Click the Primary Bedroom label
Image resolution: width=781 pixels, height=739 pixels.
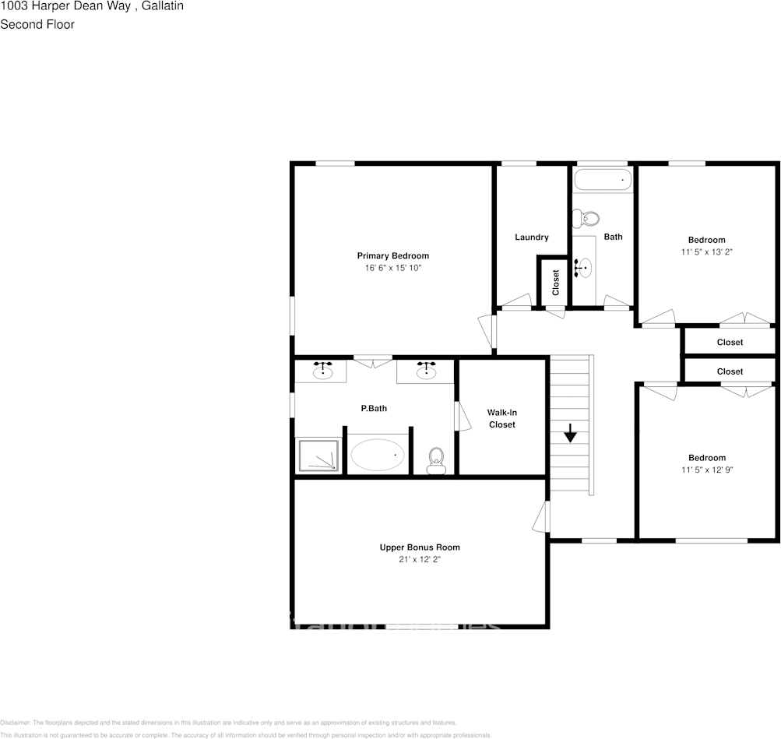(x=392, y=255)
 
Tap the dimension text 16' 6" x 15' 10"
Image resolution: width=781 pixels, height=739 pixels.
(x=392, y=268)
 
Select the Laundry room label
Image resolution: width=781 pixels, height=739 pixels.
(x=532, y=237)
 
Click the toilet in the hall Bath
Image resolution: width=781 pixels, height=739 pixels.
(x=589, y=218)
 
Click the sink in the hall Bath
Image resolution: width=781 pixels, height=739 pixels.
(x=583, y=268)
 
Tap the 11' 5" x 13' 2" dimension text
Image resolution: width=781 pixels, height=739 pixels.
(x=707, y=252)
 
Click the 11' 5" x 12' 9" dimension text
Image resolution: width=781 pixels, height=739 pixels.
(x=707, y=470)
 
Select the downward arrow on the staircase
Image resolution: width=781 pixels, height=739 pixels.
(x=571, y=433)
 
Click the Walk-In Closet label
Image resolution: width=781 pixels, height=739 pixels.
(x=501, y=418)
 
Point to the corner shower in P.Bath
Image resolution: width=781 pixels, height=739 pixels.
(x=318, y=455)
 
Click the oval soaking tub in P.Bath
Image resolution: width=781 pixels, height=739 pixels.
(x=378, y=455)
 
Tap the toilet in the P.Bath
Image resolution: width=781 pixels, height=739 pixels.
(x=436, y=459)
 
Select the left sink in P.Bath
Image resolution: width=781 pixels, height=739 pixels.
(x=322, y=371)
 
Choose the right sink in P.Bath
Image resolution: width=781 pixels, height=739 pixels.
(x=425, y=371)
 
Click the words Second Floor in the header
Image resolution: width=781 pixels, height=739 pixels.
(x=37, y=24)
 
